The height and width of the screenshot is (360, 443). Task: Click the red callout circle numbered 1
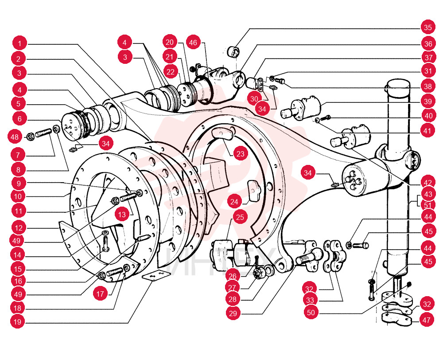point(20,43)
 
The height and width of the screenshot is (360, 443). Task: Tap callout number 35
point(428,27)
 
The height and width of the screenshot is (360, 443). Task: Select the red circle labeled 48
point(15,137)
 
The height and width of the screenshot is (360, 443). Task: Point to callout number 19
point(18,321)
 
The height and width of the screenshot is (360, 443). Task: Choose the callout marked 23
point(241,153)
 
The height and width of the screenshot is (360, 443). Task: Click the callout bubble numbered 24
point(234,202)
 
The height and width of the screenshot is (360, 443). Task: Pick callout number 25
point(240,217)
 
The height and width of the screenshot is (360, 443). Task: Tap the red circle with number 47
point(426,320)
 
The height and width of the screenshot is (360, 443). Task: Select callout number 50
point(311,312)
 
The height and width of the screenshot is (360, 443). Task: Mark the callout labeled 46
point(193,43)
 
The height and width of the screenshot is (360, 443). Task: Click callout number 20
point(170,42)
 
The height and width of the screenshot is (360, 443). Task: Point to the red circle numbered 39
point(428,101)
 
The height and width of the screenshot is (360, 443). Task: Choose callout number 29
point(233,313)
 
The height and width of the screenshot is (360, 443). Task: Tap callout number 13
point(122,215)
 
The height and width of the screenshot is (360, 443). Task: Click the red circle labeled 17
point(100,294)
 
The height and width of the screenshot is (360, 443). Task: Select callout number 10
point(18,196)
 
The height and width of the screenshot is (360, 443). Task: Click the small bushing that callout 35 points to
point(233,53)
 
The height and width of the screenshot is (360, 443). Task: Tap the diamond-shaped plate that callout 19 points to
point(156,275)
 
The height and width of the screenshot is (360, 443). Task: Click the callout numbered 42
point(428,183)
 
